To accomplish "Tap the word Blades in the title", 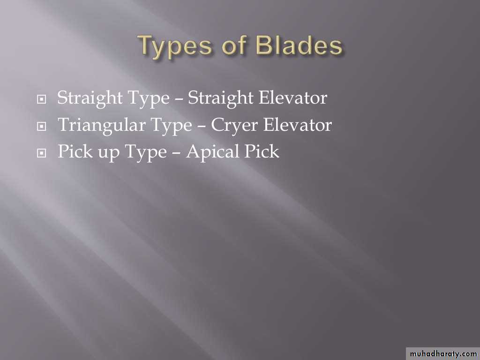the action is (x=299, y=45).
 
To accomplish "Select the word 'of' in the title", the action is (x=234, y=45).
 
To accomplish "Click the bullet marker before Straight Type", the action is (x=41, y=99).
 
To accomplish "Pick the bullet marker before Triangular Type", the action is (x=41, y=126).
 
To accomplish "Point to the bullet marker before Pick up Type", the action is (x=41, y=153).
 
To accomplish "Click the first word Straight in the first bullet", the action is (x=90, y=98).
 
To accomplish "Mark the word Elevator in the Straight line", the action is (x=292, y=98).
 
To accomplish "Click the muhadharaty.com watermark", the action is (x=443, y=354).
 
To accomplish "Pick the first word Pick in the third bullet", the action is (x=75, y=151).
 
